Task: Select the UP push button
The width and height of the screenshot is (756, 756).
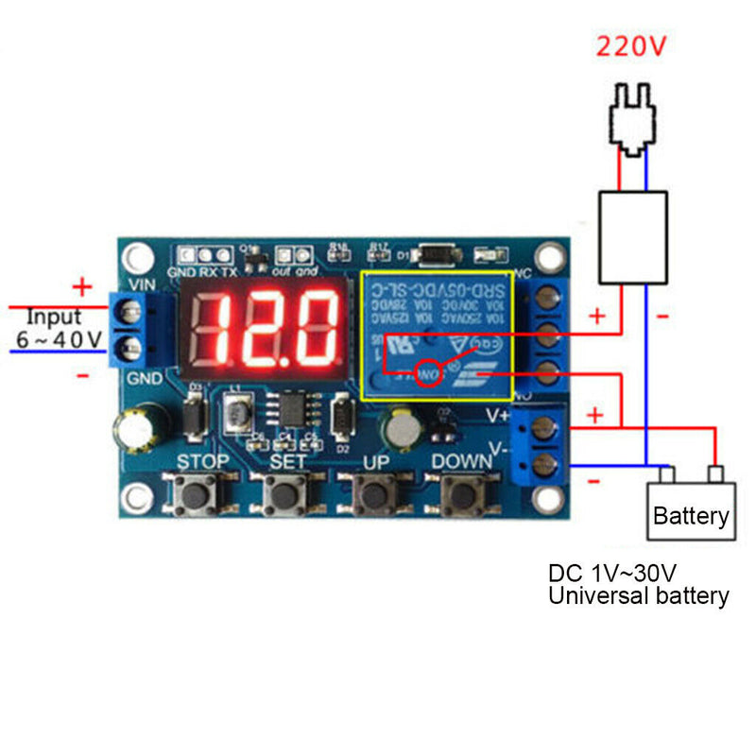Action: point(375,492)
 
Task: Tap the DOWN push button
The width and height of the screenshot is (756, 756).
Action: point(462,492)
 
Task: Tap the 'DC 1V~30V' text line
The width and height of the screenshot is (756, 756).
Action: point(612,573)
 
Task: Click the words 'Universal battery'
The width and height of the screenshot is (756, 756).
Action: point(639,596)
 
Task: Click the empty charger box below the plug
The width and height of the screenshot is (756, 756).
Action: point(633,236)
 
